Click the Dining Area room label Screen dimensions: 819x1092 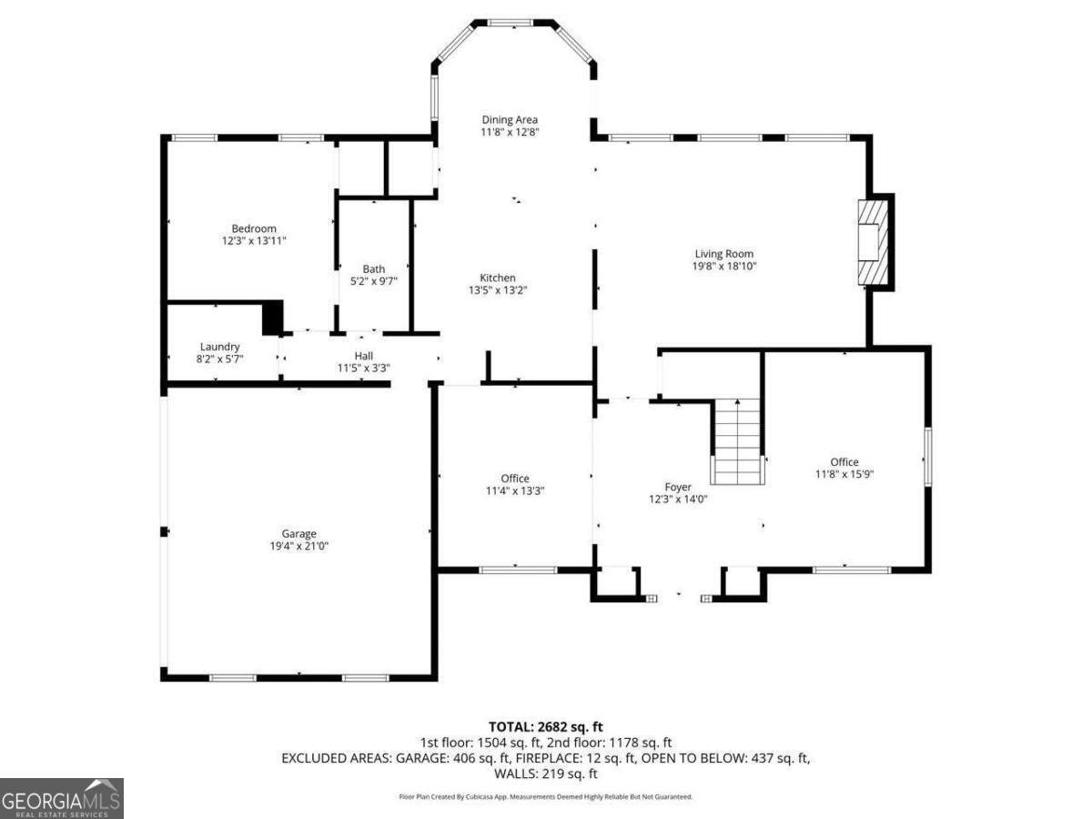pos(510,119)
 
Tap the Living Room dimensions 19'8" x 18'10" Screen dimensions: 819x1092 pos(724,267)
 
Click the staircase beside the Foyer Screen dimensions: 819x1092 pos(736,441)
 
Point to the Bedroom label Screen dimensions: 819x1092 pos(254,228)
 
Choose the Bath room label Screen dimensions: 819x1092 pos(374,268)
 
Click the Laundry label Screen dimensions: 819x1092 pos(220,347)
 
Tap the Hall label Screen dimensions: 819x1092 pos(364,356)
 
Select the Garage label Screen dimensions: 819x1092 pos(298,533)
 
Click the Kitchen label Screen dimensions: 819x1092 pos(498,278)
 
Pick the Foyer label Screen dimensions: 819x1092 pos(678,487)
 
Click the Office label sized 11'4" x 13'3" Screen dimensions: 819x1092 pos(515,479)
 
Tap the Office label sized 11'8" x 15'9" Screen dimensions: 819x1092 pos(844,461)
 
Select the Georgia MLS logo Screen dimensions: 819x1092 pos(62,798)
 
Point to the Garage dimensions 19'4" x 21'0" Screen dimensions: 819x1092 pos(298,546)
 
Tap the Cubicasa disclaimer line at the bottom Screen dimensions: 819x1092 pos(546,796)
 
